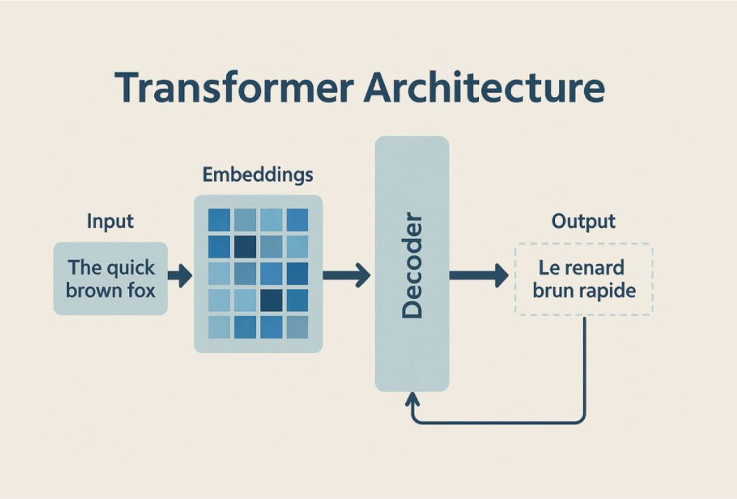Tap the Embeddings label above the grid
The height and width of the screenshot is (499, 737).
click(x=258, y=175)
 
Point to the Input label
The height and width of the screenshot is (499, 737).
click(x=111, y=222)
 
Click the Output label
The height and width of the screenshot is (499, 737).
click(x=583, y=222)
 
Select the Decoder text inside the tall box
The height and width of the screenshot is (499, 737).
click(x=412, y=266)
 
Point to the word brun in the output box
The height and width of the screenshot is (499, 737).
click(x=550, y=291)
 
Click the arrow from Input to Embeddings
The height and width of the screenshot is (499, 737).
click(x=180, y=276)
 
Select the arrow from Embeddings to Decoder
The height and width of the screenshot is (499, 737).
click(x=346, y=276)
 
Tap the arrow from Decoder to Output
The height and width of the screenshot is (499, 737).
click(x=478, y=276)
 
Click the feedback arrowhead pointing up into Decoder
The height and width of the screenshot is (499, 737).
click(x=412, y=398)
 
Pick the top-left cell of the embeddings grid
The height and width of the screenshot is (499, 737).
click(x=219, y=220)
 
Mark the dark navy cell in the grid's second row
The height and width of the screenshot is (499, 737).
click(x=244, y=246)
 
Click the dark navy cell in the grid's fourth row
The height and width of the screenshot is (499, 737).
click(x=271, y=300)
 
